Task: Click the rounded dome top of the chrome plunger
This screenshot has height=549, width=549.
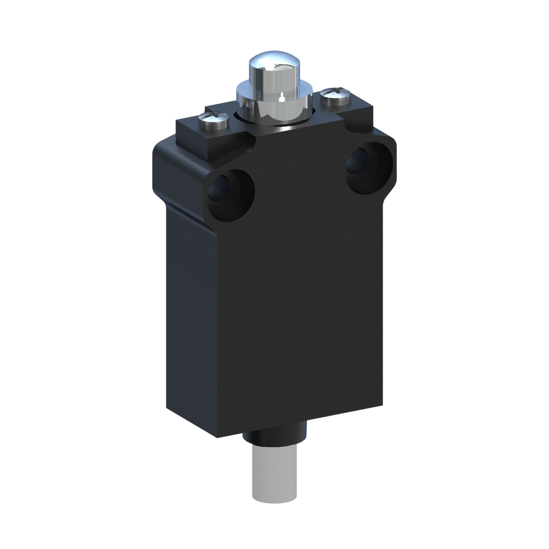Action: click(x=265, y=64)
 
